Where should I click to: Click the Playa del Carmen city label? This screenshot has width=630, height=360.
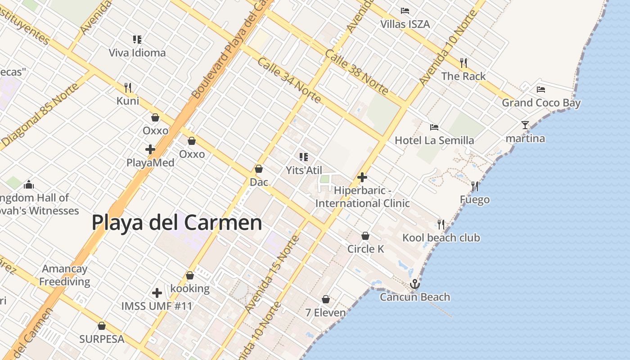177,222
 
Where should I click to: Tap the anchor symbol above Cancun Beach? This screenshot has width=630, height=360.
414,284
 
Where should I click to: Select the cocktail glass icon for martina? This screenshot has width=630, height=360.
525,125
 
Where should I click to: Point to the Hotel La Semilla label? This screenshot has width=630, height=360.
434,140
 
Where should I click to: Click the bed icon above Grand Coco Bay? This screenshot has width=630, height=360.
541,90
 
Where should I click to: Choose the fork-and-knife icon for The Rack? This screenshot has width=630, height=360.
463,63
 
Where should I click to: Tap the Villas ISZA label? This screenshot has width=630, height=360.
405,24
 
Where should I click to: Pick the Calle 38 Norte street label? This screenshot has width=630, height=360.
356,72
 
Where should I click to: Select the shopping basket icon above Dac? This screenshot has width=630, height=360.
259,169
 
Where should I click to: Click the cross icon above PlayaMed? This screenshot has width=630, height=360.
150,149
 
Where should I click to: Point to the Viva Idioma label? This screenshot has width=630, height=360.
137,53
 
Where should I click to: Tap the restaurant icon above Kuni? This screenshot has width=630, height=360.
128,87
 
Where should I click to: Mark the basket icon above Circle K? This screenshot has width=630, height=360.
365,236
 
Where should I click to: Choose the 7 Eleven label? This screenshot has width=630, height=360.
326,312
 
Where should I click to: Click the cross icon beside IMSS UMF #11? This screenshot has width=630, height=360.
157,293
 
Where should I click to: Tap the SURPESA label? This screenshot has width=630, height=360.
102,339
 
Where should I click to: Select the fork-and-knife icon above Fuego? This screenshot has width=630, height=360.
474,186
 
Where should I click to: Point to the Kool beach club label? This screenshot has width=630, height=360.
441,238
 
